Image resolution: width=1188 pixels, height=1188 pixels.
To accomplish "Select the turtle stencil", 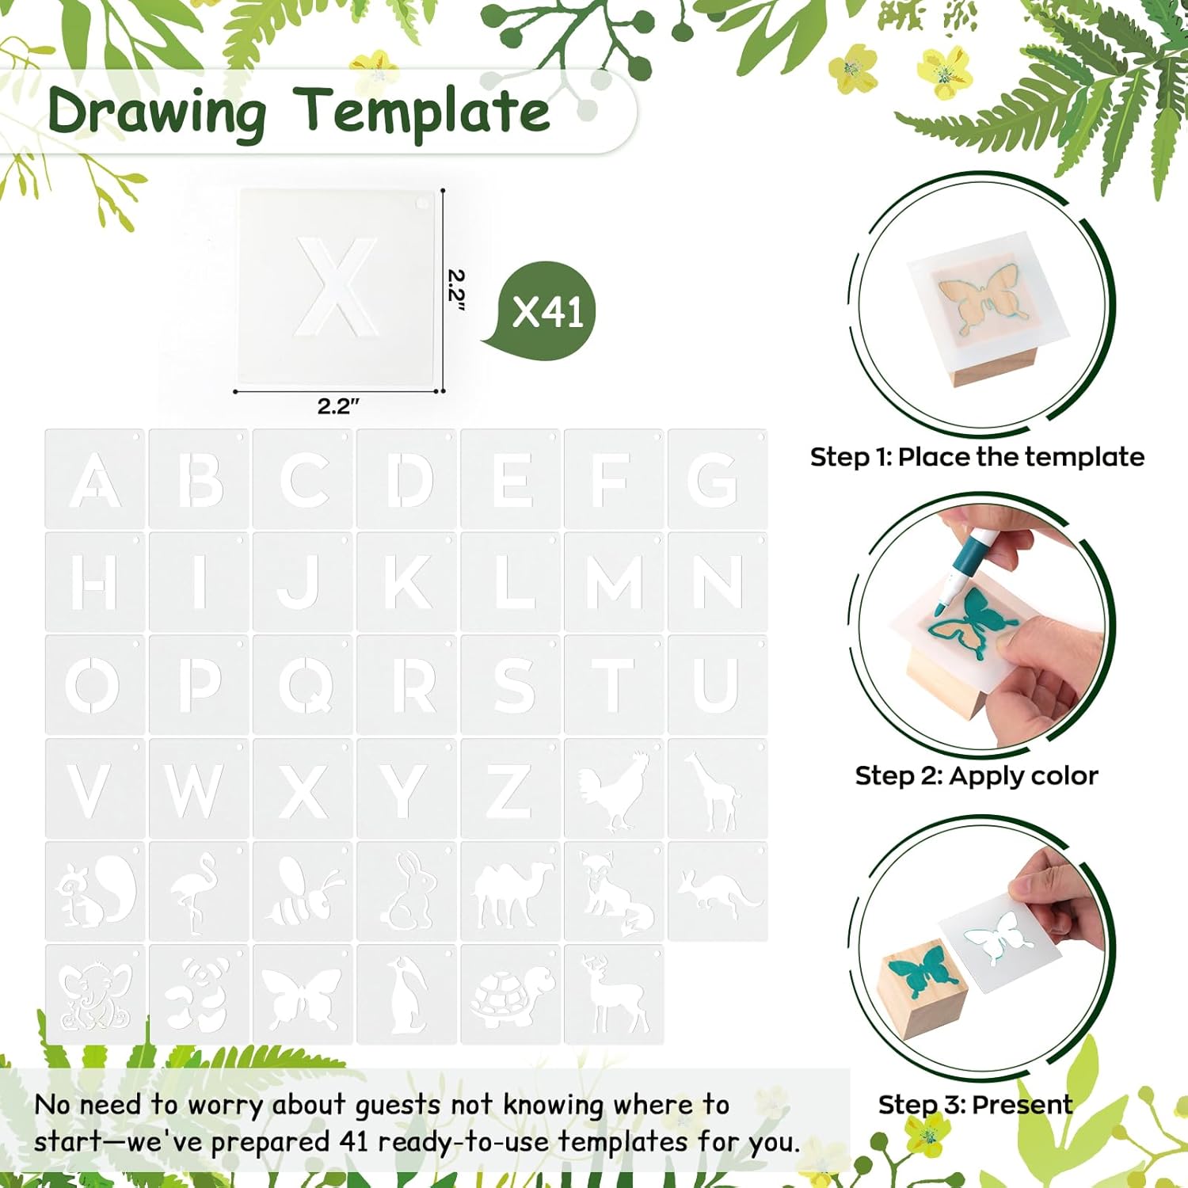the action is coord(510,995).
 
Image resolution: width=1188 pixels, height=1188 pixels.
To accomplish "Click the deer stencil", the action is coord(614,995).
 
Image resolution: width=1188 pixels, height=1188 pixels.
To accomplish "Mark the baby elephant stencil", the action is coord(94,995).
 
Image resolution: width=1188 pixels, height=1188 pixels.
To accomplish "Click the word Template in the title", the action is coord(421,111).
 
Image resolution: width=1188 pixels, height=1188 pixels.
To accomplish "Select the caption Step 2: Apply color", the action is coord(977,775).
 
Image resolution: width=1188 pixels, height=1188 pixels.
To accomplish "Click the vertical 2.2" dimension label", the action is coord(455,290).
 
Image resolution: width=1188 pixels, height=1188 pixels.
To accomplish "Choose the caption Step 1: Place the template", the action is coord(977,457).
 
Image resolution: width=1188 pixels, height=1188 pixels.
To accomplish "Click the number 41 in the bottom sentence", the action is coord(355,1141).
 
